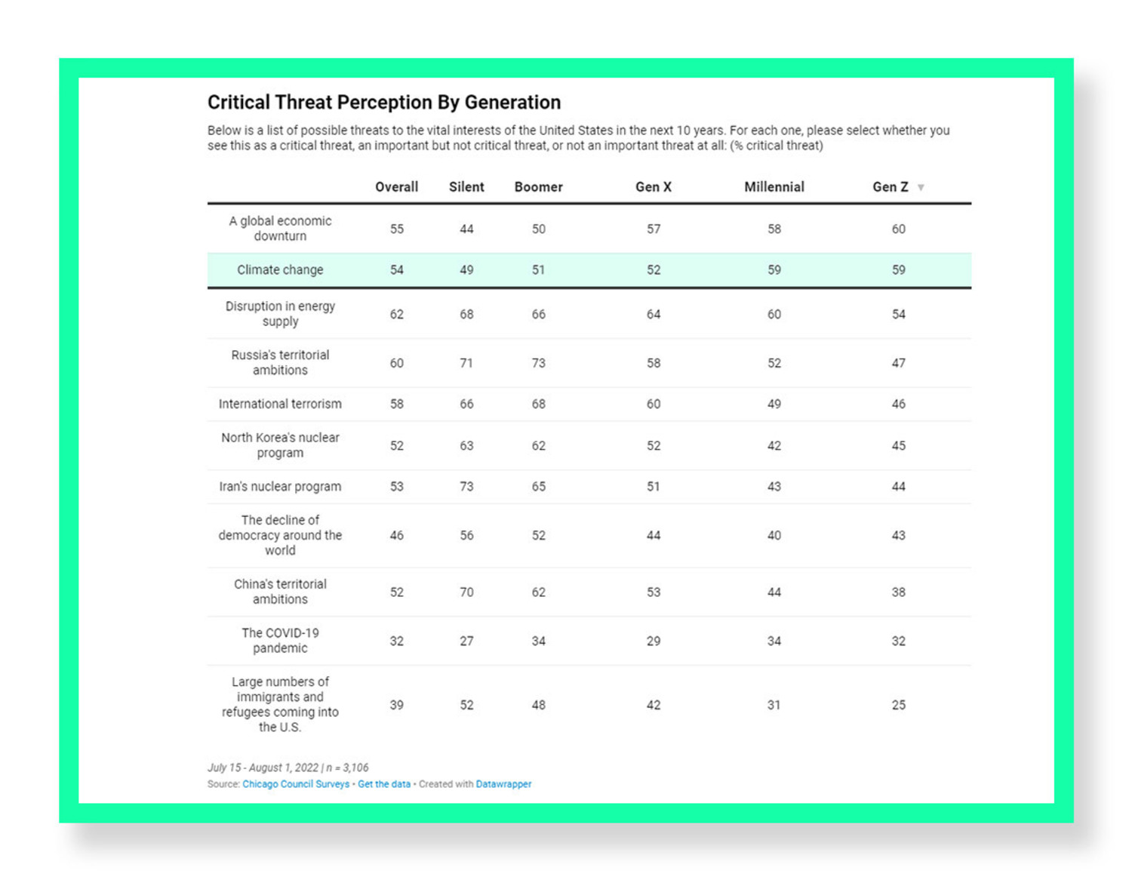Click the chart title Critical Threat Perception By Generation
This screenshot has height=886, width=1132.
point(384,103)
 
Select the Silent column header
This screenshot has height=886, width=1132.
point(466,187)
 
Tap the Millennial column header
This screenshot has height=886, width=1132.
point(774,187)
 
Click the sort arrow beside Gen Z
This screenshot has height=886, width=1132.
point(921,188)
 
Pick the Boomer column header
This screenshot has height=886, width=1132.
point(538,187)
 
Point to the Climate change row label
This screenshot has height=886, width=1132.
point(280,270)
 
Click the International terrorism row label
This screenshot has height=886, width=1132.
point(280,405)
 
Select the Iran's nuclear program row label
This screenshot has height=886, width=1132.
point(280,487)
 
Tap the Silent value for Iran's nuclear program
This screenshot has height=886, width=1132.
point(466,487)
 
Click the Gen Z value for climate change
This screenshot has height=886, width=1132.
point(898,270)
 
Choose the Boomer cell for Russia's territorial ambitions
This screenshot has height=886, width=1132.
point(538,363)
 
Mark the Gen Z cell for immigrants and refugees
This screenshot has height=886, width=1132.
point(898,705)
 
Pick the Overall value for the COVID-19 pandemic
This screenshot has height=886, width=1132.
point(397,641)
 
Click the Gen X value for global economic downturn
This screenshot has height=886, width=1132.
point(654,229)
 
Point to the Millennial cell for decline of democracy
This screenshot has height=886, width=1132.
point(774,536)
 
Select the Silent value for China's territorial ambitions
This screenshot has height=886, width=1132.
point(466,592)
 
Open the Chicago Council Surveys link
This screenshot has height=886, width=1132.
point(296,785)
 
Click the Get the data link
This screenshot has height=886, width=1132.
point(384,785)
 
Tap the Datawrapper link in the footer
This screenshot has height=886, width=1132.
point(503,785)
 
